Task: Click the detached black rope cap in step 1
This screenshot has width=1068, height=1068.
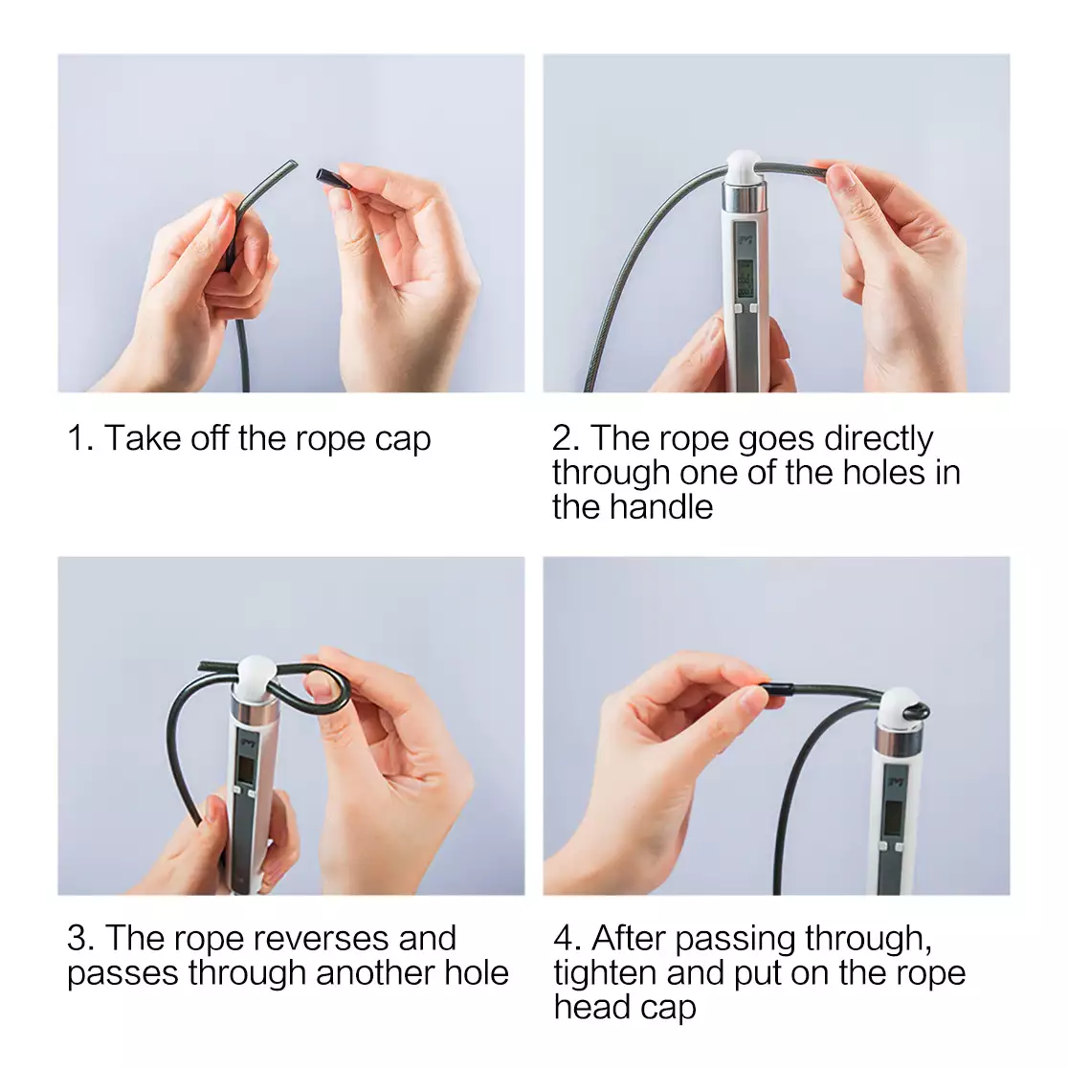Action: click(333, 179)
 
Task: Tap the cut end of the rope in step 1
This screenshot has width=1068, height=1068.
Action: click(293, 164)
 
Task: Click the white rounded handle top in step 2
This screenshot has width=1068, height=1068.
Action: click(744, 167)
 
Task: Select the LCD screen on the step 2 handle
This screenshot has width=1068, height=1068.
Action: click(745, 278)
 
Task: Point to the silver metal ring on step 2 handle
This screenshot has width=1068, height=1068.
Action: click(744, 196)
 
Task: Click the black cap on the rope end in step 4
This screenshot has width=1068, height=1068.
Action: click(776, 689)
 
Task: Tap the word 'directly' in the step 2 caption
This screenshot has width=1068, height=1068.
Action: click(878, 439)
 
